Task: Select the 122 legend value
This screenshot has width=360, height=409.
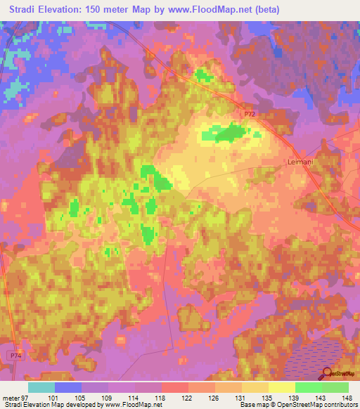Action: (188, 398)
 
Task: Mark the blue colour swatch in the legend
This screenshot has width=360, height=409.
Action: (67, 387)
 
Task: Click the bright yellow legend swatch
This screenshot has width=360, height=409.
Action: (281, 387)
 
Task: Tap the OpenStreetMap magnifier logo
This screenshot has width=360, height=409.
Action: (326, 374)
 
